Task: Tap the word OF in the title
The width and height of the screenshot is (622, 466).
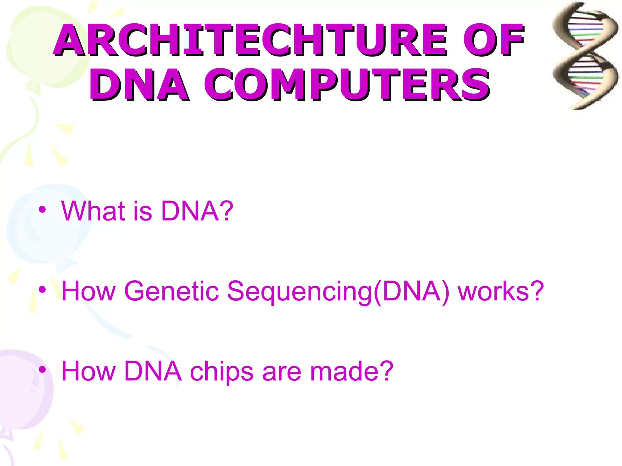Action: [x=493, y=40]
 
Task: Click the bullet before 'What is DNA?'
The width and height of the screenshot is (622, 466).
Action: [x=43, y=210]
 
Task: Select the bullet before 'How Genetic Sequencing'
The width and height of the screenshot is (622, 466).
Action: [x=43, y=289]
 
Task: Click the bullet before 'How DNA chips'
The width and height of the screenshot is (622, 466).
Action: [x=43, y=370]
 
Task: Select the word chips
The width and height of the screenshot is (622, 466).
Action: [x=221, y=371]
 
